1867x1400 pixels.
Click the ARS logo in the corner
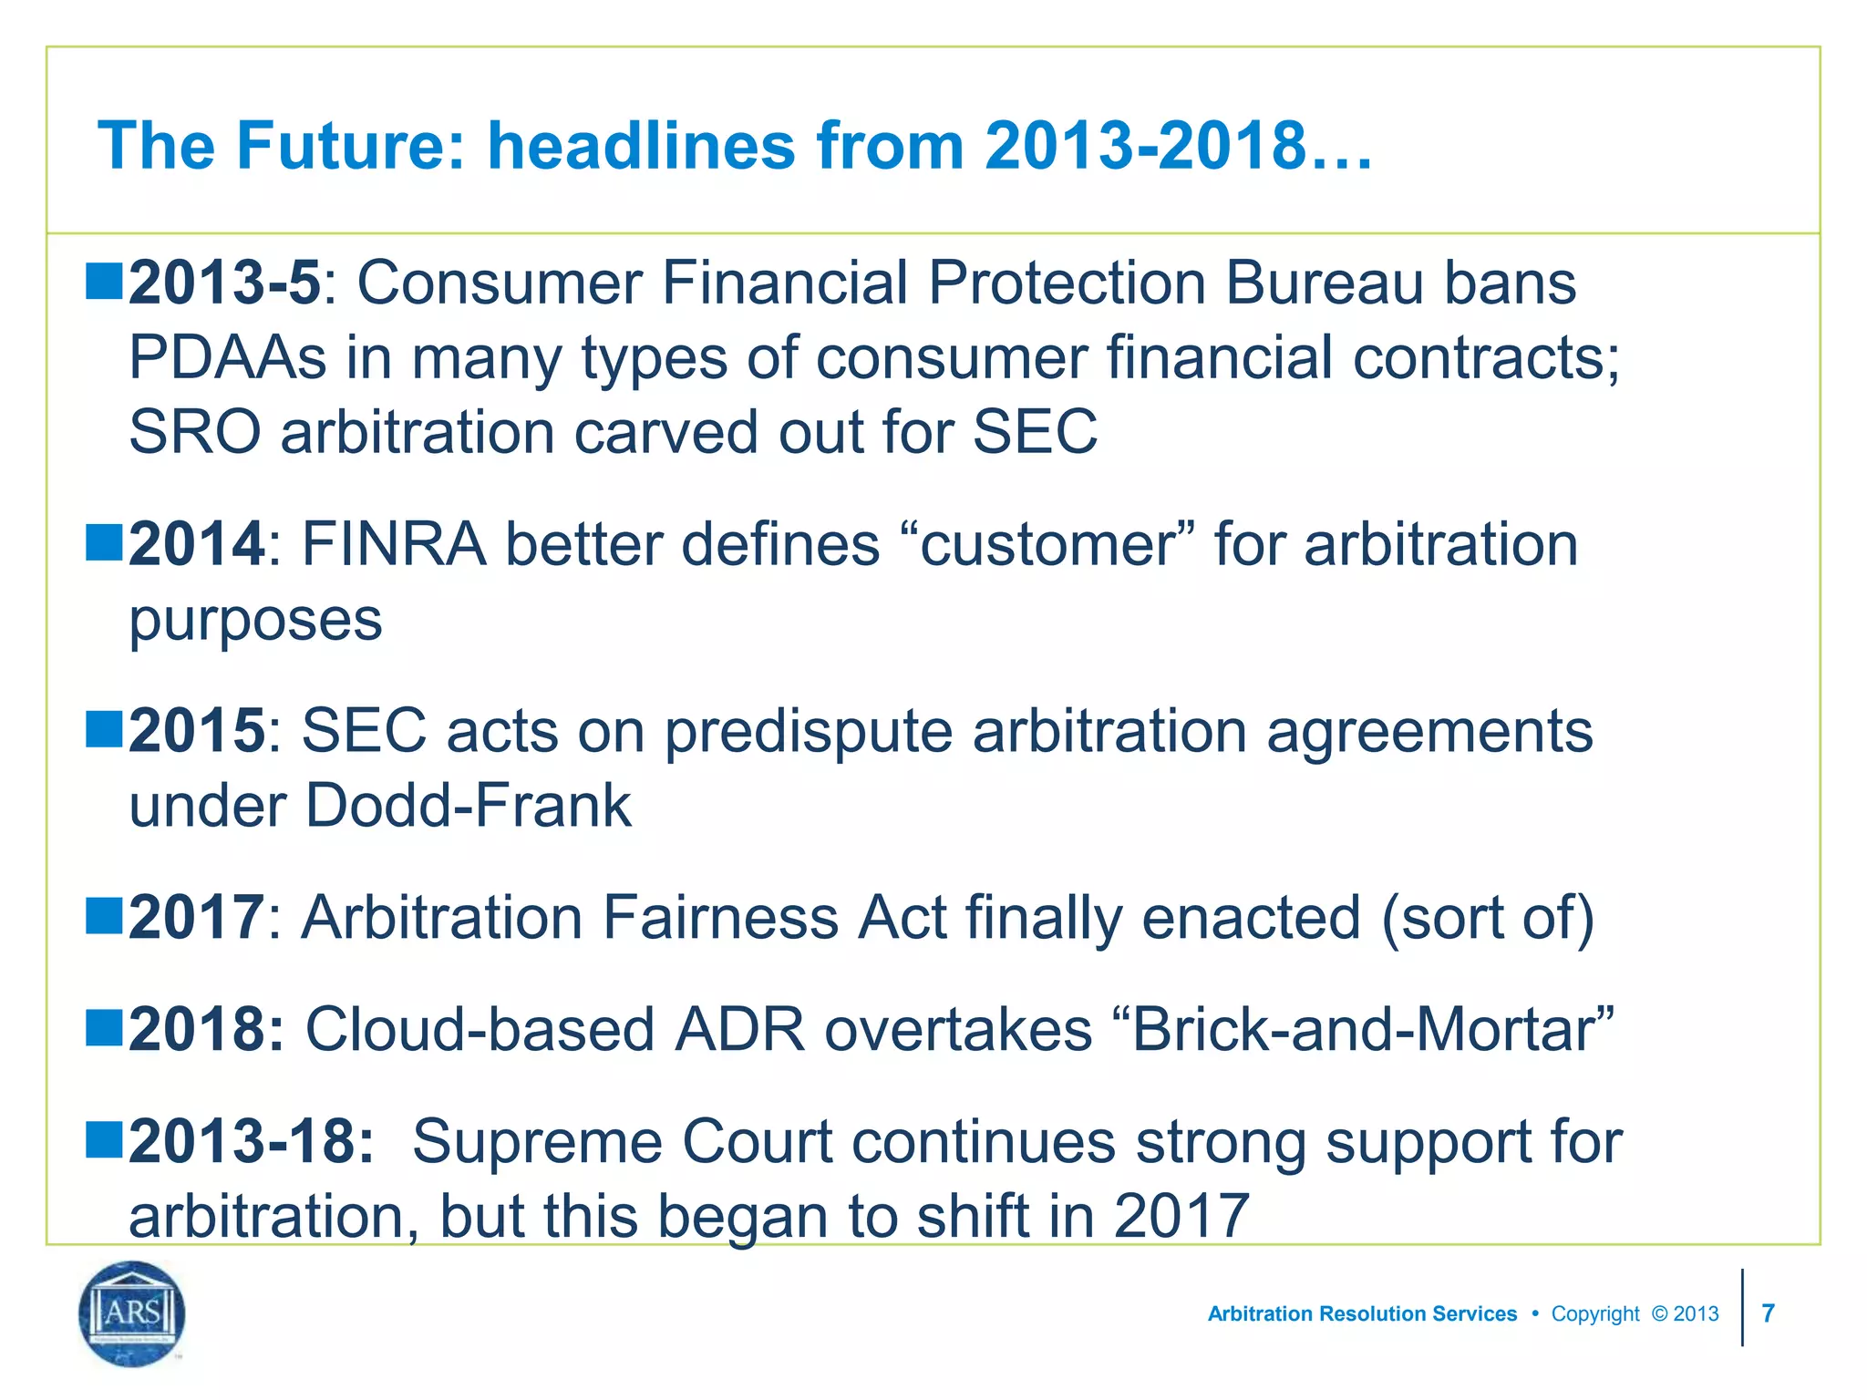click(x=132, y=1313)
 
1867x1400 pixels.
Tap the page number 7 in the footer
click(x=1768, y=1313)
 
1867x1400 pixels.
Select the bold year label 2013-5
click(x=224, y=283)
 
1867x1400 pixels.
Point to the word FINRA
click(x=394, y=545)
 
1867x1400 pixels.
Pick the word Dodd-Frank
click(x=468, y=806)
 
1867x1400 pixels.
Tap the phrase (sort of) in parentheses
click(x=1488, y=917)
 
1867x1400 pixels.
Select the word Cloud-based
click(x=480, y=1030)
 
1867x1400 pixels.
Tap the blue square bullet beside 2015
click(x=104, y=729)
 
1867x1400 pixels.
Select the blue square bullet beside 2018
click(x=104, y=1027)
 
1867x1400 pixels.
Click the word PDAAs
click(x=227, y=357)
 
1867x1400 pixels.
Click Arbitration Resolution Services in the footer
click(x=1362, y=1313)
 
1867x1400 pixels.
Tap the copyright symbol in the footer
click(x=1659, y=1313)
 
